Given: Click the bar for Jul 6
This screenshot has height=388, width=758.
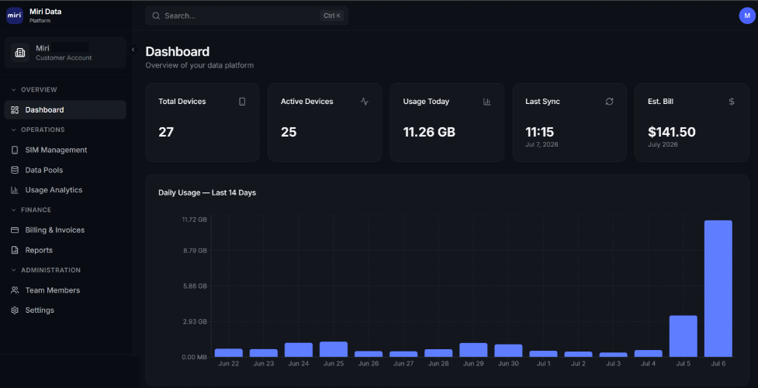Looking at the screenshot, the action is (x=718, y=289).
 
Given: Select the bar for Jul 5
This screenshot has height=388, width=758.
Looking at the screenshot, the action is (x=683, y=336).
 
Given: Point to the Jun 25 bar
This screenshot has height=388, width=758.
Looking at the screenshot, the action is (x=333, y=349).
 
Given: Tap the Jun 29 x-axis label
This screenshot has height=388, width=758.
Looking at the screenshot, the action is (x=473, y=364).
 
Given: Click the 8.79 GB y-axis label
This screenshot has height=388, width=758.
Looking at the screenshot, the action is (x=194, y=251).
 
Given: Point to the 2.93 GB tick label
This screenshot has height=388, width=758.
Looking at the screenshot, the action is (x=194, y=322).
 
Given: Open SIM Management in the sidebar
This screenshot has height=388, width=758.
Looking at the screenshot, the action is (x=56, y=150).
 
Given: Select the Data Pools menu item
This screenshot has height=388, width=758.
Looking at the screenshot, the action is (x=44, y=170).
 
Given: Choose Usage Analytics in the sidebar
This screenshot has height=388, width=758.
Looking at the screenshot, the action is (x=54, y=190).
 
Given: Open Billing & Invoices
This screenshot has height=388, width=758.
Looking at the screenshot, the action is (x=54, y=230).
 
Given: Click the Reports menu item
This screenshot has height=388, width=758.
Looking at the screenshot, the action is (x=39, y=251).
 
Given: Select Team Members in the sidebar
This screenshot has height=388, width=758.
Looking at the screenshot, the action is (x=52, y=290).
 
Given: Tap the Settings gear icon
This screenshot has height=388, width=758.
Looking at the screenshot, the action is (x=15, y=310).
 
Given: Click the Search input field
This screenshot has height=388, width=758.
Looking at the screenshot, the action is (x=247, y=16).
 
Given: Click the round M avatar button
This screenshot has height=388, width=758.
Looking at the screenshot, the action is (x=747, y=16).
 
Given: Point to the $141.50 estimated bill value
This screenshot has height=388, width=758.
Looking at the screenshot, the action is (x=671, y=132).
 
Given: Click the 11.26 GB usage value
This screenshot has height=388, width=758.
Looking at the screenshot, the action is (x=429, y=132).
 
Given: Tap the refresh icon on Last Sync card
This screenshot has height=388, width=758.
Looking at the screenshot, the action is (x=609, y=102).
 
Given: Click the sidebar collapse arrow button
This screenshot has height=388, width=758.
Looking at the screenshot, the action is (x=133, y=50).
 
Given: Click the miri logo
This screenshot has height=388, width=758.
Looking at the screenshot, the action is (x=15, y=16).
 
